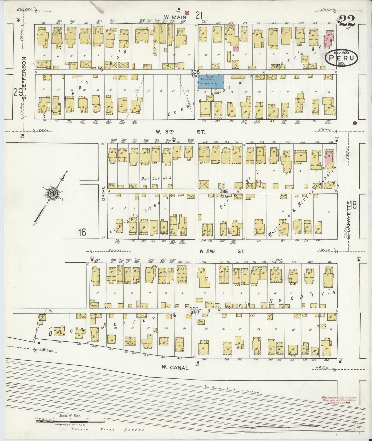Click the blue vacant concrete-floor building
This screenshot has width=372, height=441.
(211, 82)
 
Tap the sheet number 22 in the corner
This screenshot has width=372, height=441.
(347, 21)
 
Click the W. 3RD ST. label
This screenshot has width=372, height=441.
(180, 132)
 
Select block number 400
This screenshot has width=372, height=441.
(194, 308)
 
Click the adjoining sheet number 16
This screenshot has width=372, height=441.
(82, 233)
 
